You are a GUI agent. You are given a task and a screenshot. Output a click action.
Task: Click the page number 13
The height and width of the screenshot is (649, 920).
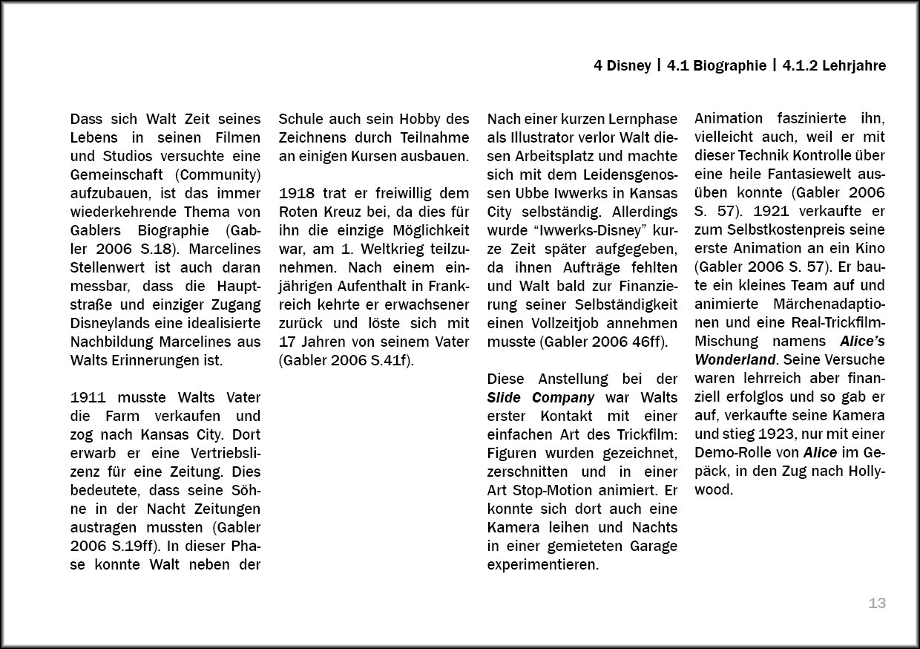pos(877,604)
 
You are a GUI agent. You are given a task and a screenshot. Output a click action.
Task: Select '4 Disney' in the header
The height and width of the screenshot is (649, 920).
pos(622,66)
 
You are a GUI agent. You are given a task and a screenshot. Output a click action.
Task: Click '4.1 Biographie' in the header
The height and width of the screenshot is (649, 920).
pos(716,66)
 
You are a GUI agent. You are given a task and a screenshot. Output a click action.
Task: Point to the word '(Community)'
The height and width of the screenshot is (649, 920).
pos(219,175)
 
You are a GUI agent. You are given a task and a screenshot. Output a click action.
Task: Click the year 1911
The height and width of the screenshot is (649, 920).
pos(86,397)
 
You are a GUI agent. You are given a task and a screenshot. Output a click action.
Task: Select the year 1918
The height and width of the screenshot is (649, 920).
pos(295,193)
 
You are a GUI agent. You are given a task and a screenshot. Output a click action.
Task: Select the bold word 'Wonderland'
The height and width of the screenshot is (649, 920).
pos(735,360)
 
